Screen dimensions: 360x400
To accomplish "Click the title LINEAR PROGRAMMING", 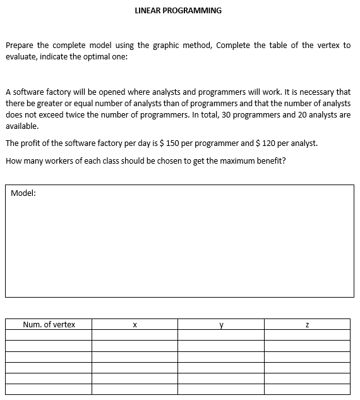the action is point(178,11).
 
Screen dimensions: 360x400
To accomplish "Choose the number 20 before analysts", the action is point(299,114).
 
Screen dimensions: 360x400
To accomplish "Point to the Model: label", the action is point(23,194).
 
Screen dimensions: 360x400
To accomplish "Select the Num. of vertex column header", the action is point(49,325).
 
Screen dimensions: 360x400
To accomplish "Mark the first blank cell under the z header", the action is point(307,336).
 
